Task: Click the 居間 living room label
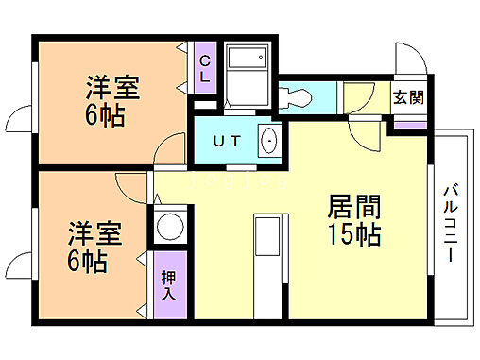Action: coord(353,206)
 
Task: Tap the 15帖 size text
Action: coord(353,233)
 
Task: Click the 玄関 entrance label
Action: coord(408,97)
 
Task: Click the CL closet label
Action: coord(204,69)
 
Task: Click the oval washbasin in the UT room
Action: coord(269,141)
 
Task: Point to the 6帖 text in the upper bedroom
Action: coord(104,117)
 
